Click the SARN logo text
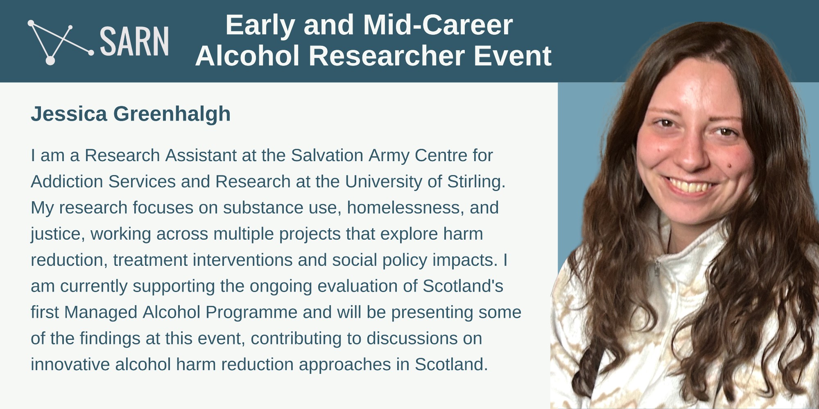point(134,41)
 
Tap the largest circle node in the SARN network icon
point(50,60)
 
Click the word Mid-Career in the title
point(438,25)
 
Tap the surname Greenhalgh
point(172,114)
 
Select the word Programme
point(251,313)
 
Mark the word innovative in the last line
point(70,364)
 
